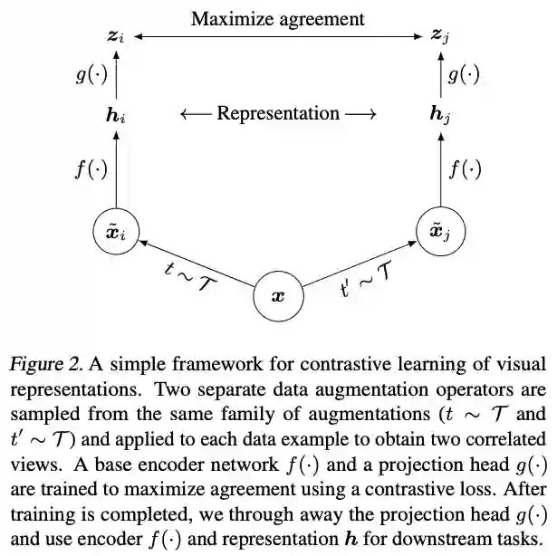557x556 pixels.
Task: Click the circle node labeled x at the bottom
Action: (x=278, y=296)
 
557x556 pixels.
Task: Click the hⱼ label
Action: (x=441, y=115)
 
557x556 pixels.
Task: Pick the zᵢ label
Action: (x=116, y=37)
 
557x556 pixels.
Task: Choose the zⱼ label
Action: (x=440, y=37)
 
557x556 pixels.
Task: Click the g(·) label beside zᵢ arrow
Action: (x=91, y=75)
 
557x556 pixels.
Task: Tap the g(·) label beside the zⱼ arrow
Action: (x=465, y=75)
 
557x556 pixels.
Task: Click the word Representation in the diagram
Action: (x=278, y=114)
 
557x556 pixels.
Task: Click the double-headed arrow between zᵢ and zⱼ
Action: (x=278, y=37)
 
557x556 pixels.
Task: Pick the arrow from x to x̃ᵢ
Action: (x=197, y=264)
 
